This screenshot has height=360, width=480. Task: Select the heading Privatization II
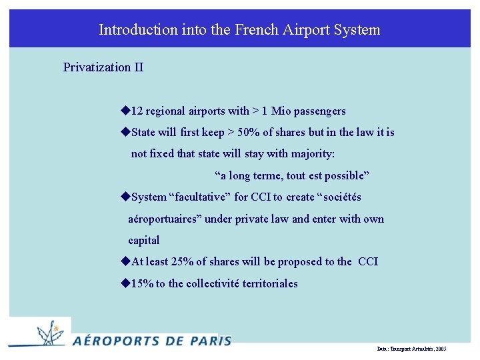[x=103, y=67]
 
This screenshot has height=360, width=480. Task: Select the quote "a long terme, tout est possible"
[x=291, y=176]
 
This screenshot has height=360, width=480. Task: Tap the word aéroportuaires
[x=165, y=219]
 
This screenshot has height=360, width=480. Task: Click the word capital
[x=144, y=241]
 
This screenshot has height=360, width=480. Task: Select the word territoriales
[x=265, y=284]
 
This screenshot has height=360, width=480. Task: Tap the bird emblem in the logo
[x=49, y=331]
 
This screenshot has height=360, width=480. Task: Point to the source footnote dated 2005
[x=411, y=349]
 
